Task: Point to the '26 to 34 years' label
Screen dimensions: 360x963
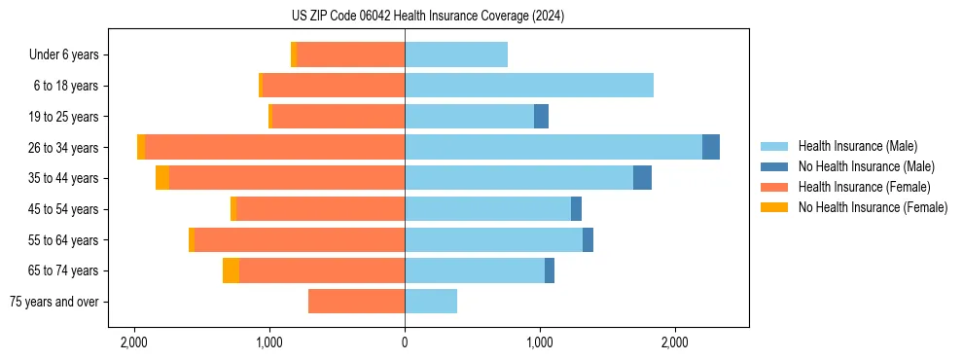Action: [64, 148]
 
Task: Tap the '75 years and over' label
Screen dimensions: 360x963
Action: [54, 302]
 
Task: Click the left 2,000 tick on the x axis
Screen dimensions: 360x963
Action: [134, 342]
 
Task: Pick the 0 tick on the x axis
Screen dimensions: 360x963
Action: [405, 342]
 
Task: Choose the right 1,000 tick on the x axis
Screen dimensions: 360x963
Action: [540, 342]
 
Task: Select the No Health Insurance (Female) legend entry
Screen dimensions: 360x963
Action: [873, 207]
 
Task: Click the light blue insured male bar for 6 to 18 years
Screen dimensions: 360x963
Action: [528, 86]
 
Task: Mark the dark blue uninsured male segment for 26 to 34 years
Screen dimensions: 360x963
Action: [711, 147]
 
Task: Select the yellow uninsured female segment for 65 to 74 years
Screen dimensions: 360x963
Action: [231, 270]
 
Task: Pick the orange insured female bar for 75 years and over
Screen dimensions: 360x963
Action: [356, 302]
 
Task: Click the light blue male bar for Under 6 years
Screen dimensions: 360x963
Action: [456, 55]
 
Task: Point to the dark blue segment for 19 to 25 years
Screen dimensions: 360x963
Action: [541, 117]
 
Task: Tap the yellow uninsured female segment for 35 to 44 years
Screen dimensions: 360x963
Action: [162, 178]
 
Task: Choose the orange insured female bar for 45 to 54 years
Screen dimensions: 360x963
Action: [320, 209]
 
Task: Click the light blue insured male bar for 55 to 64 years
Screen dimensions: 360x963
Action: [493, 240]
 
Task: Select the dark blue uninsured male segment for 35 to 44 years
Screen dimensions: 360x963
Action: [642, 178]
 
